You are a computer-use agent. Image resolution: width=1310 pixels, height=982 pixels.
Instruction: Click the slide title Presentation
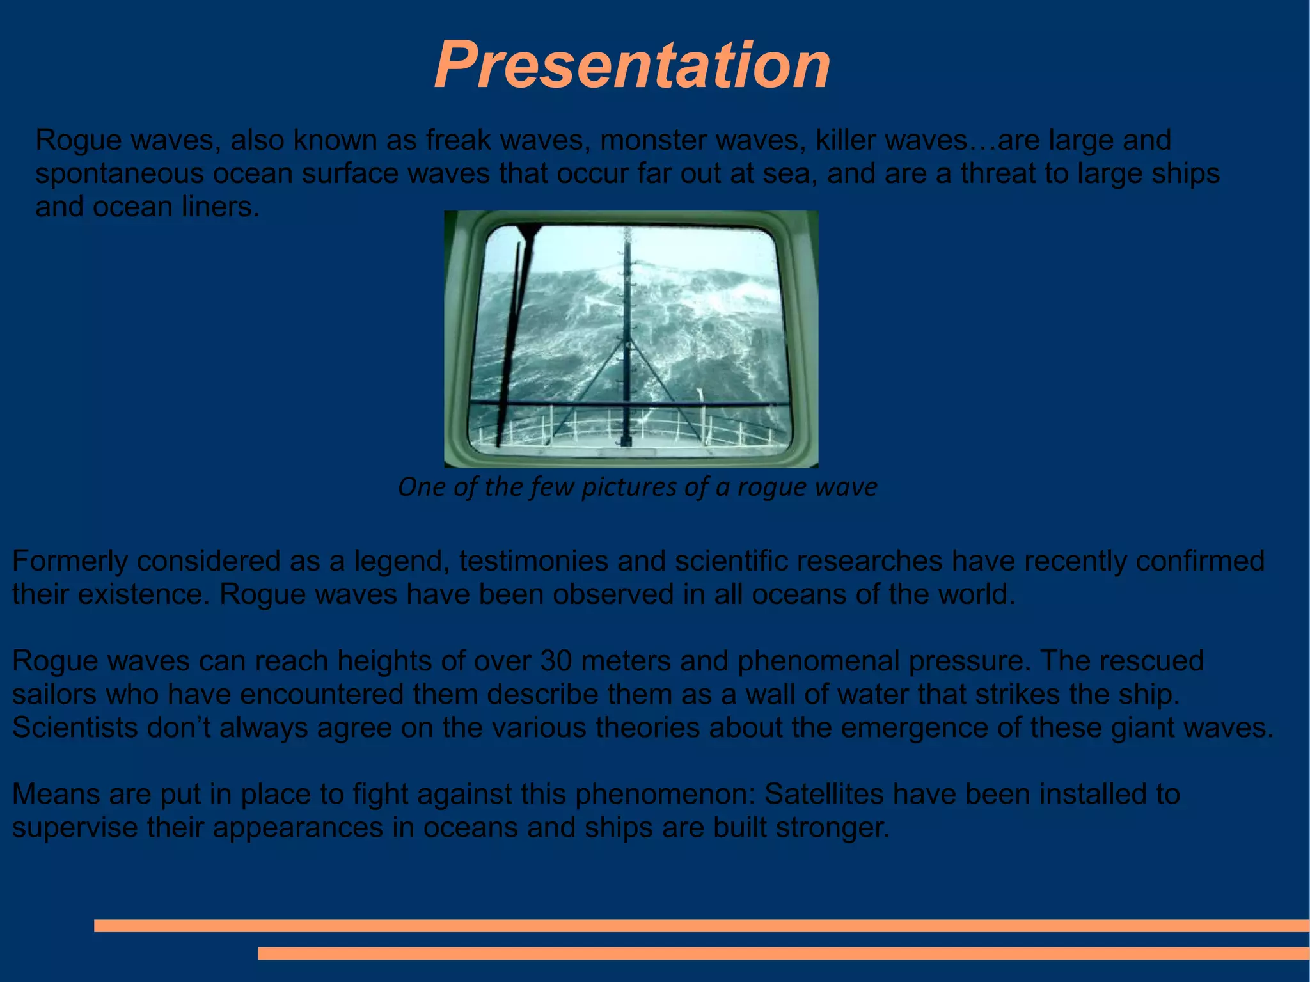coord(632,65)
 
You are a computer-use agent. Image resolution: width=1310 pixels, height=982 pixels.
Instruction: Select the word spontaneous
coord(119,174)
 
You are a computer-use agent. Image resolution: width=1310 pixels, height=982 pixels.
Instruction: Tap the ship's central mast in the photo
coord(626,333)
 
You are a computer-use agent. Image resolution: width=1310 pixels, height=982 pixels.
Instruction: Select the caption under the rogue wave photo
coord(637,487)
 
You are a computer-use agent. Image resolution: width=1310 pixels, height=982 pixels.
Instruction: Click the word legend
coord(401,562)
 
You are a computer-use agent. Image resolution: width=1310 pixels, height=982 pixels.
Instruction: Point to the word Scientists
coord(75,728)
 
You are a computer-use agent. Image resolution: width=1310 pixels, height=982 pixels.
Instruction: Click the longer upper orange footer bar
coord(701,926)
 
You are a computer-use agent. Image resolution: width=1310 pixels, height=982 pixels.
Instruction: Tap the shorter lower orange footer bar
coord(783,953)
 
